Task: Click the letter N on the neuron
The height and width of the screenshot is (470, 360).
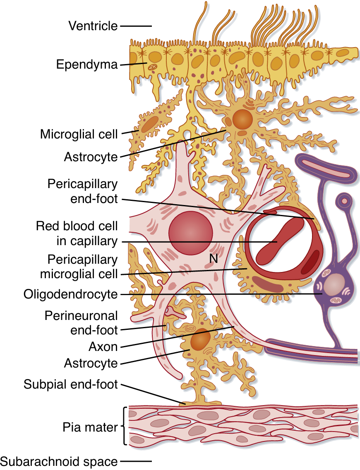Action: (214, 259)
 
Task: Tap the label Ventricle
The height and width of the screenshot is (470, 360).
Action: (93, 26)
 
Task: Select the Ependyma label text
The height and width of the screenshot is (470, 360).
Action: (87, 64)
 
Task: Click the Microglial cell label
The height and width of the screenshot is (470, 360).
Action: (79, 134)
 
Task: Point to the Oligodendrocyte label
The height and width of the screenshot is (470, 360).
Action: (70, 294)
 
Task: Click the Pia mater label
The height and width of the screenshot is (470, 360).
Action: (90, 427)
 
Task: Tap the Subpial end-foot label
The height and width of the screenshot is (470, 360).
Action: (71, 384)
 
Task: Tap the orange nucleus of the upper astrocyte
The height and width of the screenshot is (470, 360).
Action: (242, 119)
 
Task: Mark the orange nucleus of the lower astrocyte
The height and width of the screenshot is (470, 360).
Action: (200, 339)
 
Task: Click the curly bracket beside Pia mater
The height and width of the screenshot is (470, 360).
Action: (125, 426)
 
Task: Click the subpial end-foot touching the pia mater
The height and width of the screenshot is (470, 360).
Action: (194, 401)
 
